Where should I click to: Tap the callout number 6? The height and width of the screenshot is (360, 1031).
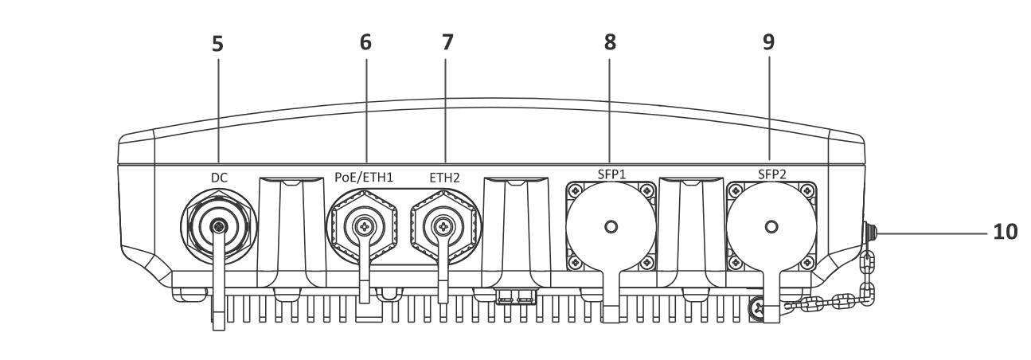[x=365, y=43]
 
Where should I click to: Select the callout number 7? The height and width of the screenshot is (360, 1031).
[x=447, y=43]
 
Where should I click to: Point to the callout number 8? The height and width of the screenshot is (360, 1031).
[x=611, y=43]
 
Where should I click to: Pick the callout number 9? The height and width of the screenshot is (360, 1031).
[x=769, y=43]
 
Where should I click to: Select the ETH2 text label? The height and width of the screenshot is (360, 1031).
[x=443, y=178]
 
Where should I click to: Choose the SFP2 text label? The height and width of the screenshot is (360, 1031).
[x=770, y=174]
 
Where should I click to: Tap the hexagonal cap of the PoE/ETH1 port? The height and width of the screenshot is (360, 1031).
[x=365, y=227]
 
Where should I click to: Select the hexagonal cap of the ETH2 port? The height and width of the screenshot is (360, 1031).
[x=443, y=227]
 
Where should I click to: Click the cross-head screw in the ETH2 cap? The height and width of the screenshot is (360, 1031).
[x=443, y=227]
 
